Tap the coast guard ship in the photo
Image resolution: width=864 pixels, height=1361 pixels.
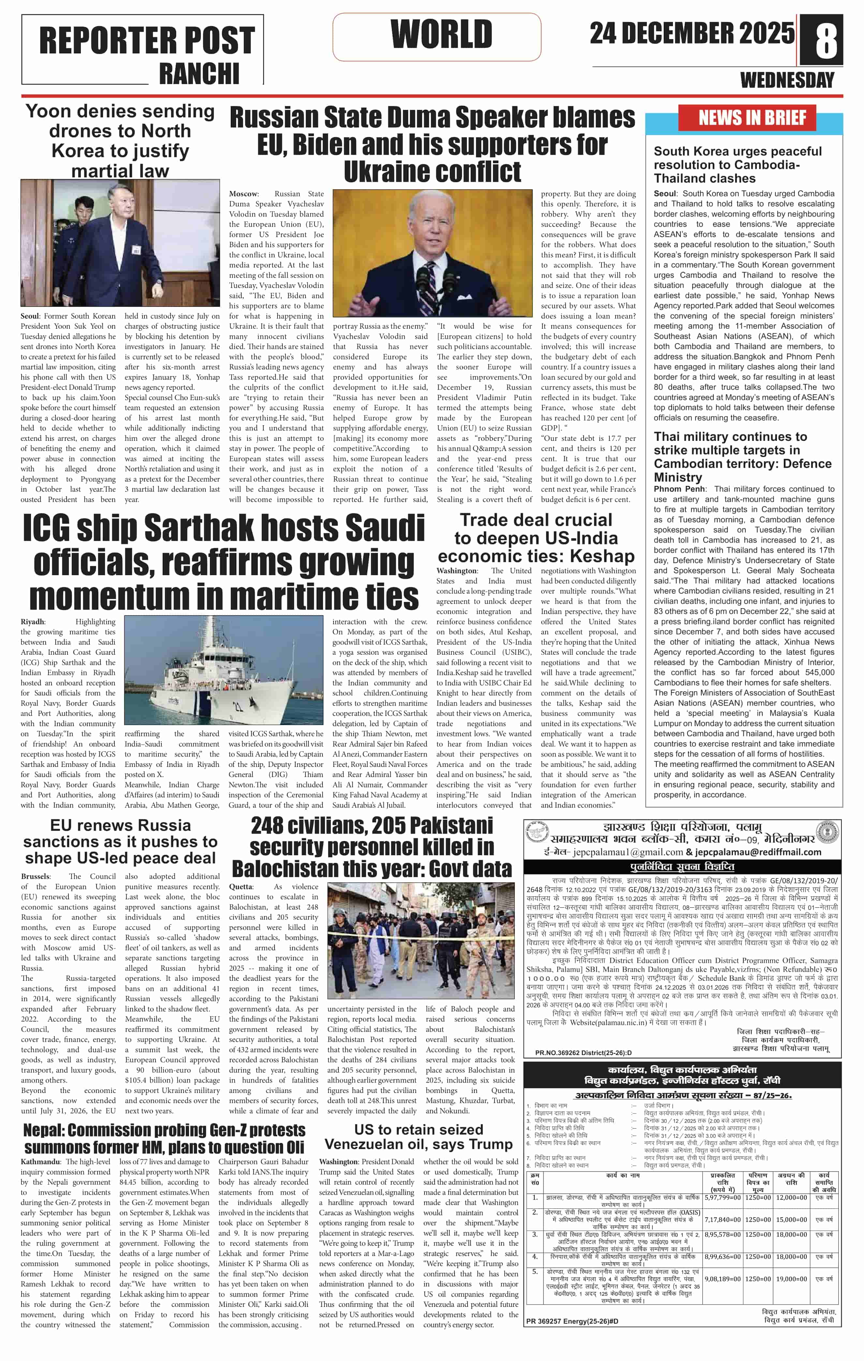point(226,673)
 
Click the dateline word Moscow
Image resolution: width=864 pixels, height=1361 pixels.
point(243,194)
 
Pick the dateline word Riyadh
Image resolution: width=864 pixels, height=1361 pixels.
point(32,622)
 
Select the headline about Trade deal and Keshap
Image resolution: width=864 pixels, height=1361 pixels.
point(536,537)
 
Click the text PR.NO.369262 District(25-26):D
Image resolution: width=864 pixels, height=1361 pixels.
point(583,1053)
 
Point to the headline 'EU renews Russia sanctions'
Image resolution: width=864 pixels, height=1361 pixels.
point(120,842)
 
